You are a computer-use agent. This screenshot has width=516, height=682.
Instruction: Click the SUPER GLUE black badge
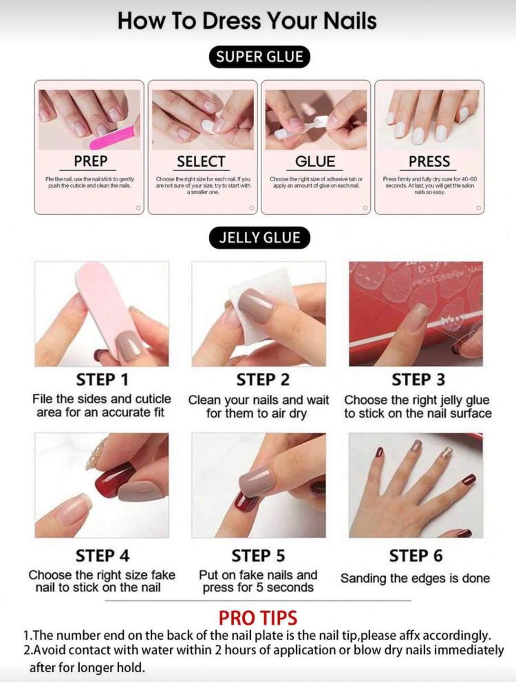tap(259, 57)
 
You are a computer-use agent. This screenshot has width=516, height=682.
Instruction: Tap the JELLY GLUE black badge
tap(259, 238)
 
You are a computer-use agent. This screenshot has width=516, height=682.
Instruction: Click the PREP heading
tap(90, 162)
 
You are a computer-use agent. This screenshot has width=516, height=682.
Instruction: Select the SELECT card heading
tap(201, 162)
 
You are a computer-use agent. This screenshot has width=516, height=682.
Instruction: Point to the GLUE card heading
tap(315, 162)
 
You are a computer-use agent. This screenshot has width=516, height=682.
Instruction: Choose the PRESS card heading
tap(429, 162)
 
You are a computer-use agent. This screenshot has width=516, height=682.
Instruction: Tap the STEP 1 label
tap(102, 380)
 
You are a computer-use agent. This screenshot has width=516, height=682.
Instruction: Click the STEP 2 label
tap(263, 380)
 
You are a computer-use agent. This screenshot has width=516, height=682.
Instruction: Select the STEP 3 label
tap(418, 380)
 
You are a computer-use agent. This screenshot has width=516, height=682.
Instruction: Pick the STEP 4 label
tap(102, 556)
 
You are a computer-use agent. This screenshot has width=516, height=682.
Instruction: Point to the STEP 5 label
tap(258, 556)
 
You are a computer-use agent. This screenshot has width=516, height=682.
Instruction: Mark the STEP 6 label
tap(415, 556)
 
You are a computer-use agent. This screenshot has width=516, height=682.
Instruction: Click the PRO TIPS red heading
tap(258, 618)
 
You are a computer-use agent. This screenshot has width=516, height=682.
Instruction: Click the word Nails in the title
tap(349, 21)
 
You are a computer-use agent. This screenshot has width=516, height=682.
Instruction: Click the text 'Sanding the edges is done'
tap(415, 578)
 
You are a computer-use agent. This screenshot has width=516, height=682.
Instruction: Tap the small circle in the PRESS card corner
tap(479, 208)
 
